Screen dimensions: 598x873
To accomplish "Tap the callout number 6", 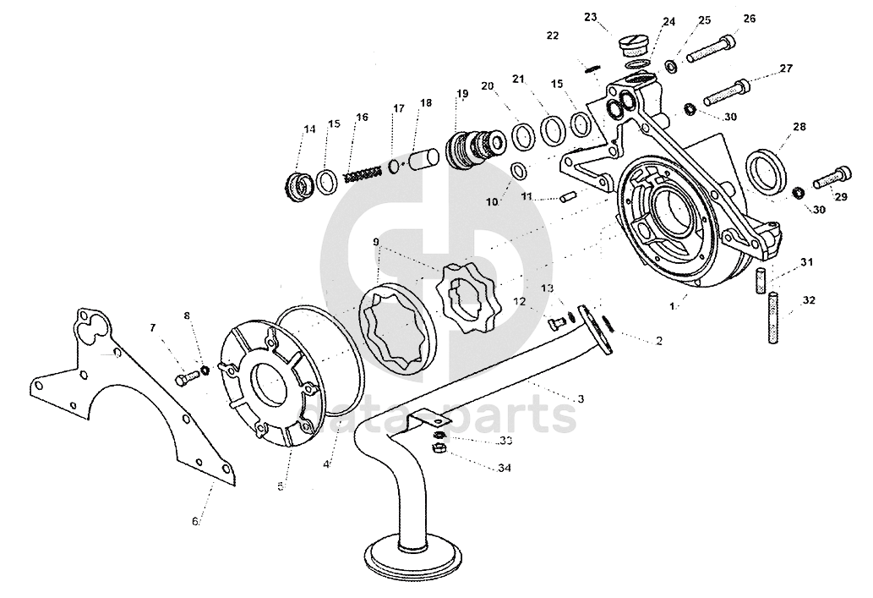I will [195, 521].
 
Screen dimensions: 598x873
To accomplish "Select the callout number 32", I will [810, 300].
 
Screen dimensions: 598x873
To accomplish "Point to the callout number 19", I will [462, 94].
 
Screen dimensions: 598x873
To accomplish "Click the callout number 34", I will [504, 468].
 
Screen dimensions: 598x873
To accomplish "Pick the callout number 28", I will [799, 128].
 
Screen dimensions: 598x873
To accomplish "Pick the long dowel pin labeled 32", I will [774, 317].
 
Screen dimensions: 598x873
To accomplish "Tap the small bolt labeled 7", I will [186, 379].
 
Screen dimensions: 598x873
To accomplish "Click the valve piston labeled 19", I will [472, 151].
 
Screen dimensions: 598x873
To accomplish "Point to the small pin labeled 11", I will [568, 198].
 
